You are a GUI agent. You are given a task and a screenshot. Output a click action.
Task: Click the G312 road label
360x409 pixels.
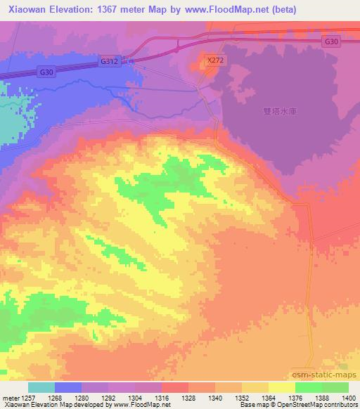pyautogui.click(x=109, y=62)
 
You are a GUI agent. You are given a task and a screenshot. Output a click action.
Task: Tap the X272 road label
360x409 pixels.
pyautogui.click(x=215, y=61)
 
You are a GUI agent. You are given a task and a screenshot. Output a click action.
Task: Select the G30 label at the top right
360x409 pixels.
pyautogui.click(x=332, y=42)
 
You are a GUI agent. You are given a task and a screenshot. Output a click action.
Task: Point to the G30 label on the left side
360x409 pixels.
pyautogui.click(x=46, y=72)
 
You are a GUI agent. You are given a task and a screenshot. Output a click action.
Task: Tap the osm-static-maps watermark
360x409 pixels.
pyautogui.click(x=324, y=375)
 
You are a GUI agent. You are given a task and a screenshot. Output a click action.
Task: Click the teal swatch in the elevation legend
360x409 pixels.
pyautogui.click(x=41, y=387)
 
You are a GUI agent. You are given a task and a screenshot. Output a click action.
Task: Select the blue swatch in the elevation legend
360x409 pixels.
pyautogui.click(x=68, y=387)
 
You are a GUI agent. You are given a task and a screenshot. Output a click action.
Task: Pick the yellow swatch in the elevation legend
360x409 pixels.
pyautogui.click(x=282, y=387)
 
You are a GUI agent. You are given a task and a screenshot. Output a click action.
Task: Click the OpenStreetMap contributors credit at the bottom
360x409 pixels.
pyautogui.click(x=320, y=405)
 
